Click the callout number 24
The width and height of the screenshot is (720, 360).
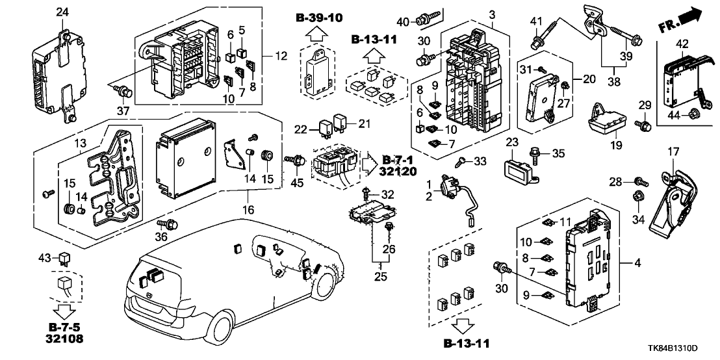pyautogui.click(x=62, y=12)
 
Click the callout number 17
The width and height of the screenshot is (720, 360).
pyautogui.click(x=673, y=152)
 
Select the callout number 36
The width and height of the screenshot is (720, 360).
pyautogui.click(x=161, y=237)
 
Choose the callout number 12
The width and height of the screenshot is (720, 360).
pyautogui.click(x=280, y=57)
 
